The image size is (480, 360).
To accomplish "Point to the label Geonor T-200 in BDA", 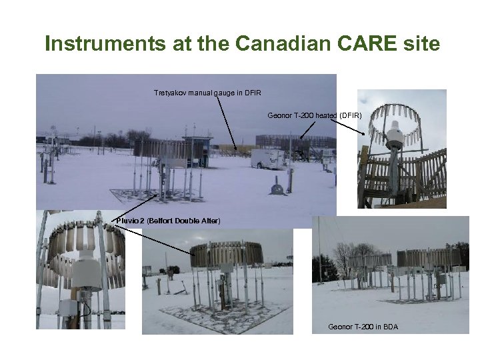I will click(x=363, y=327).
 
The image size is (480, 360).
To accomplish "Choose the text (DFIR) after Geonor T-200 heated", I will click(x=351, y=115).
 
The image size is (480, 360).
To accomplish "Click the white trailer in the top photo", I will click(x=265, y=158).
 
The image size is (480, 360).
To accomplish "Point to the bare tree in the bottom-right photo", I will click(x=343, y=257).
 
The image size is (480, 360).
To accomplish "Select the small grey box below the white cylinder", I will click(x=70, y=308).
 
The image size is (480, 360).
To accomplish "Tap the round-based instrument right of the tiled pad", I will click(x=277, y=187).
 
